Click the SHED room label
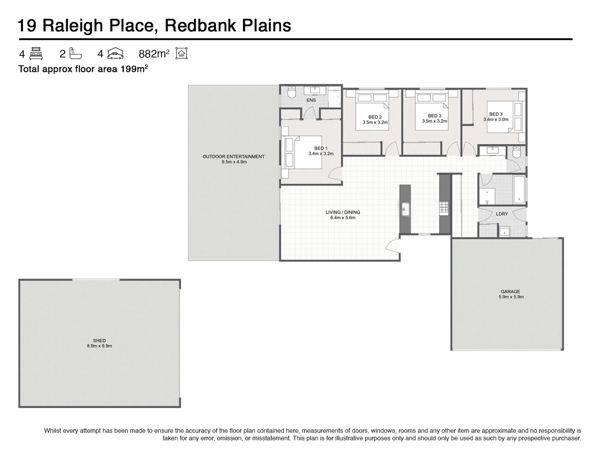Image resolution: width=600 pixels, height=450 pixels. point(99,340)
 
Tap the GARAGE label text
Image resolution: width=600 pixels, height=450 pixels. point(510,292)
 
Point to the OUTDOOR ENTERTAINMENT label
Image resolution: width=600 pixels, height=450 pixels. point(233,157)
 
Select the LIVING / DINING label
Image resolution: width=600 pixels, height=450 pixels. point(342,212)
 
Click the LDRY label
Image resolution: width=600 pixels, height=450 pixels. point(502,214)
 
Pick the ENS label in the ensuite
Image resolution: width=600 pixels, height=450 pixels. point(311,100)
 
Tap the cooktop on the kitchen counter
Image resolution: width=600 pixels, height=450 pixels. point(444,207)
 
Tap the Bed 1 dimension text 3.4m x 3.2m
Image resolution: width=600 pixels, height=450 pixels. point(321,154)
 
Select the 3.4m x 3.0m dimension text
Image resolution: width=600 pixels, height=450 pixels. point(496,120)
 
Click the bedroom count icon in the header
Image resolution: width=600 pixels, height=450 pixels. point(36,53)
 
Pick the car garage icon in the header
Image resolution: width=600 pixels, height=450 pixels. point(115,53)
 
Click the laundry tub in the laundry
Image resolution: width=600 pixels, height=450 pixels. point(505,232)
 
